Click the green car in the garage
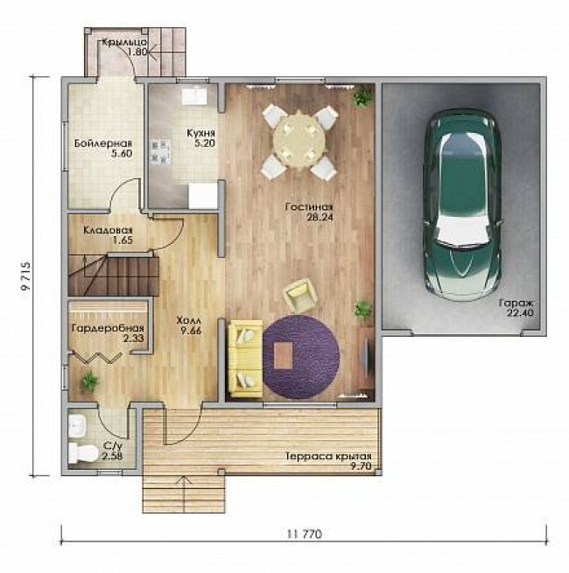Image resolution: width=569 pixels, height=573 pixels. coord(462,205)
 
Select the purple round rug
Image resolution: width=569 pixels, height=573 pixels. coord(301,357)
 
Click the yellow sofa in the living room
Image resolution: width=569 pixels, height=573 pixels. coord(245,359)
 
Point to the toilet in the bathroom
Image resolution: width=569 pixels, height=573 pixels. coord(82,453)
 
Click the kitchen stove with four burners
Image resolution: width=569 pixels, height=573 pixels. coord(161,150)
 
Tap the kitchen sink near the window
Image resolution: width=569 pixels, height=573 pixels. coord(195,95)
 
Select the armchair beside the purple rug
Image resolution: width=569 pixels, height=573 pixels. coord(299,294)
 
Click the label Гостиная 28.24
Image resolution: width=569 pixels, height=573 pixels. coord(309,212)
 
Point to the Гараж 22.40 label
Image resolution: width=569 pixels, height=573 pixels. coord(516,308)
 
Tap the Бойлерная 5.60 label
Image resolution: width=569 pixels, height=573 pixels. coord(103,148)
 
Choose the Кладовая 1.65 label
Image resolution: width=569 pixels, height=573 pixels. coord(108,235)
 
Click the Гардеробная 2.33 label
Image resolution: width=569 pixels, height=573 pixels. coord(108,333)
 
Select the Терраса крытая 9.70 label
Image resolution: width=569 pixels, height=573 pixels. coord(329,461)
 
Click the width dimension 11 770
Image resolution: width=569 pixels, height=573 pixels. coord(305,535)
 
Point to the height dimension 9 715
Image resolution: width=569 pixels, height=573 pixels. coord(26,276)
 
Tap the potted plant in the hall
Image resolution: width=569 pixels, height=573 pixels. coord(89,381)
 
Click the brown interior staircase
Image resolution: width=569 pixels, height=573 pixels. coord(113,276)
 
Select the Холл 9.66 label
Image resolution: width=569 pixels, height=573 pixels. coord(189,325)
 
